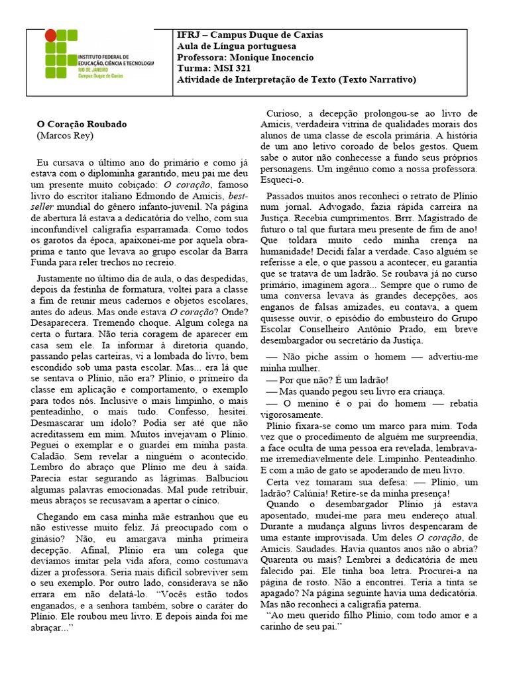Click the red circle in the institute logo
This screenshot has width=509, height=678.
point(51,36)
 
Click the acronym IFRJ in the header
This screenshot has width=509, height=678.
point(189,35)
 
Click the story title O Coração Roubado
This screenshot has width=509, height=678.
point(81,124)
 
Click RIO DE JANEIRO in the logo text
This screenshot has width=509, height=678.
point(93,70)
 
